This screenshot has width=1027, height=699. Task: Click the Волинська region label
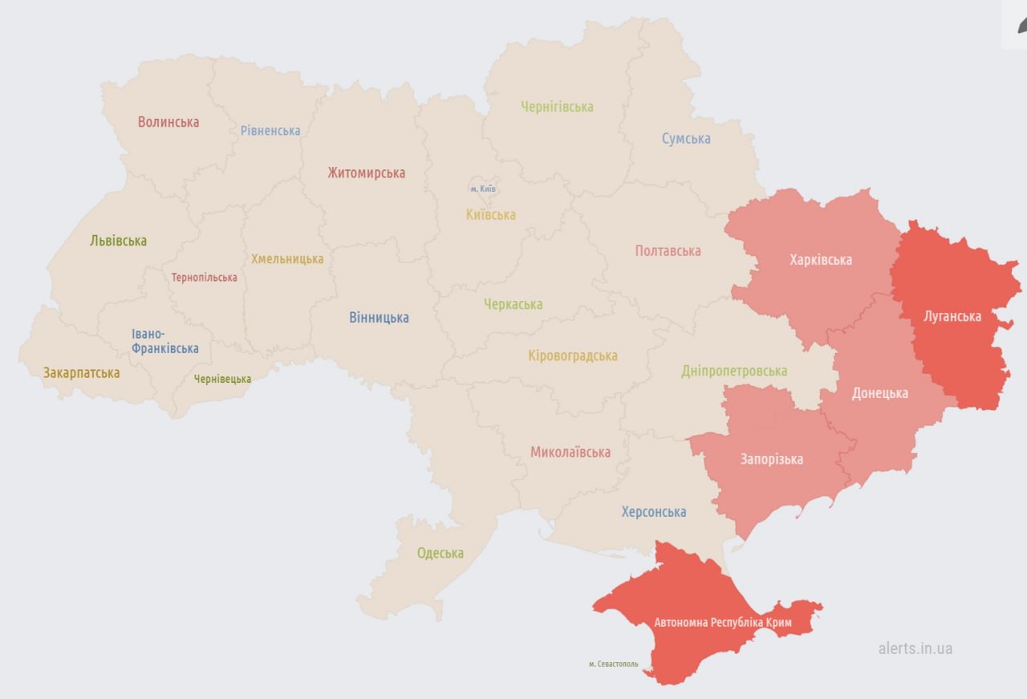click(168, 122)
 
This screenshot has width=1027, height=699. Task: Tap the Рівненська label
click(270, 131)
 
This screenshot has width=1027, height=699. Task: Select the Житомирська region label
click(366, 173)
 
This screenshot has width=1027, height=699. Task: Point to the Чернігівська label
click(557, 107)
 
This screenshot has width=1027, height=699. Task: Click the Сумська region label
click(686, 139)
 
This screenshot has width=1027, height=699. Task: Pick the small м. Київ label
click(483, 189)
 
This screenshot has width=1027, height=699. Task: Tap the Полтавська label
click(668, 251)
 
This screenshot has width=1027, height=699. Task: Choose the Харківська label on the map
click(821, 260)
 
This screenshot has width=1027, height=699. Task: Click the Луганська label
click(952, 316)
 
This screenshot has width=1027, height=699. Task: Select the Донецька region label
click(880, 393)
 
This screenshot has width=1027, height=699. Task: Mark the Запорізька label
click(771, 460)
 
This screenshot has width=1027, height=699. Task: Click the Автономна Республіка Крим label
click(723, 623)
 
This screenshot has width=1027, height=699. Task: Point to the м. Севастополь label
click(613, 664)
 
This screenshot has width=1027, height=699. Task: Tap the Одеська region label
click(440, 554)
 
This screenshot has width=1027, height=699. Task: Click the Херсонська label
click(654, 512)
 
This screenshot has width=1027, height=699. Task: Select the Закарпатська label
click(81, 373)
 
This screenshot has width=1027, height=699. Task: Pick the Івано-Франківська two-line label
click(165, 341)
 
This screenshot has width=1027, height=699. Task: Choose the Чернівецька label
click(222, 379)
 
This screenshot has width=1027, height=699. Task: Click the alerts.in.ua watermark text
click(915, 648)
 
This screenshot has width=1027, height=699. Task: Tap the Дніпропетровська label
click(734, 371)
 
